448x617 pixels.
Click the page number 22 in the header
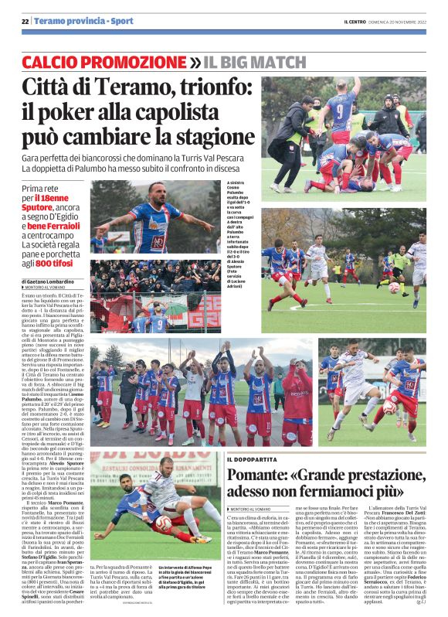(25, 21)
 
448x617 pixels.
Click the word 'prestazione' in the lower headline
(382, 474)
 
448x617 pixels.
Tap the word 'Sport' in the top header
(120, 21)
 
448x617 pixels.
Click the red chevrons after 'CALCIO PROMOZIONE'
(197, 60)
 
